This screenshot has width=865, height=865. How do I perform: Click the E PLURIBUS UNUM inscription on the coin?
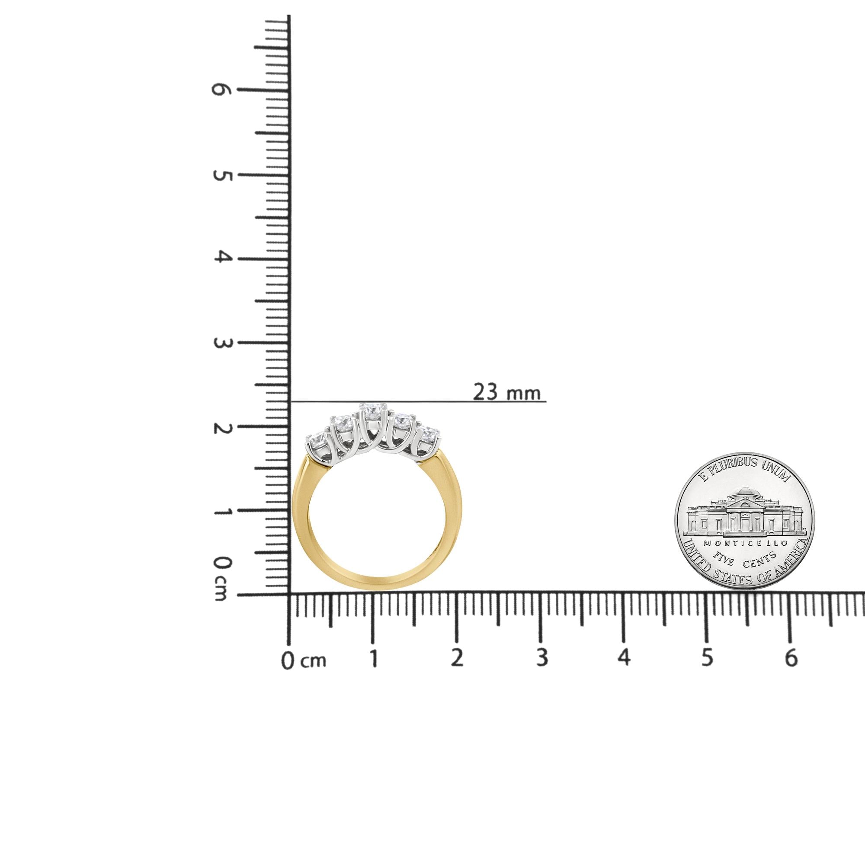(x=745, y=476)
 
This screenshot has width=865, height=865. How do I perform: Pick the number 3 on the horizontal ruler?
(x=542, y=658)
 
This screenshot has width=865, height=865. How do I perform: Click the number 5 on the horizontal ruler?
(x=706, y=658)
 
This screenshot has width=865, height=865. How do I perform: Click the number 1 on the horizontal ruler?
(x=373, y=658)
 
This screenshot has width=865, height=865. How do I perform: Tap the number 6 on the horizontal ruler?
(x=791, y=658)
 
